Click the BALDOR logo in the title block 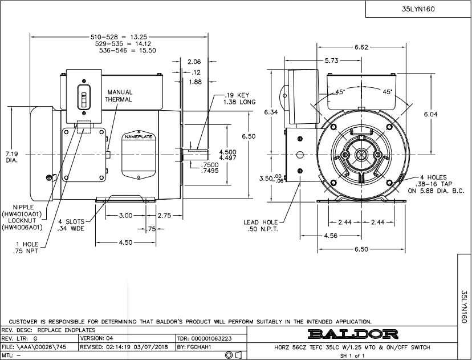click(353, 333)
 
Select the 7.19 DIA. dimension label click(12, 157)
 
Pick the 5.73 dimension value click(333, 60)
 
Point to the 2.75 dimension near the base click(165, 216)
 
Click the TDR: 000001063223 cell click(211, 338)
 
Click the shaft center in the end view click(360, 155)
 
